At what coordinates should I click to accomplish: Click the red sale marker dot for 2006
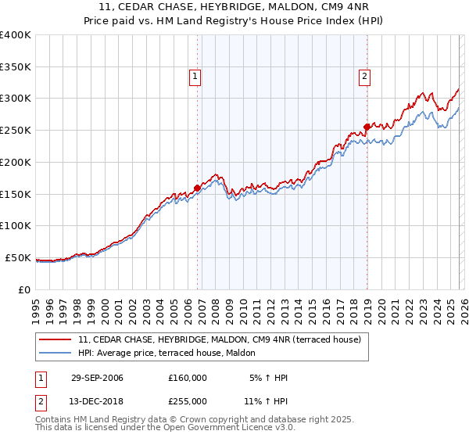coord(197,187)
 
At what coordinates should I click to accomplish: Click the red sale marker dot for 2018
coord(367,127)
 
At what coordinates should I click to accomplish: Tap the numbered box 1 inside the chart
coord(195,77)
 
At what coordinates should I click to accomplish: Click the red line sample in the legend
coord(55,339)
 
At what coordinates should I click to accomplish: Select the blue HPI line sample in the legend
coord(55,353)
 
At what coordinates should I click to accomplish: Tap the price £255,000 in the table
coord(188,401)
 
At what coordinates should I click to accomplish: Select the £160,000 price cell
coord(188,378)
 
